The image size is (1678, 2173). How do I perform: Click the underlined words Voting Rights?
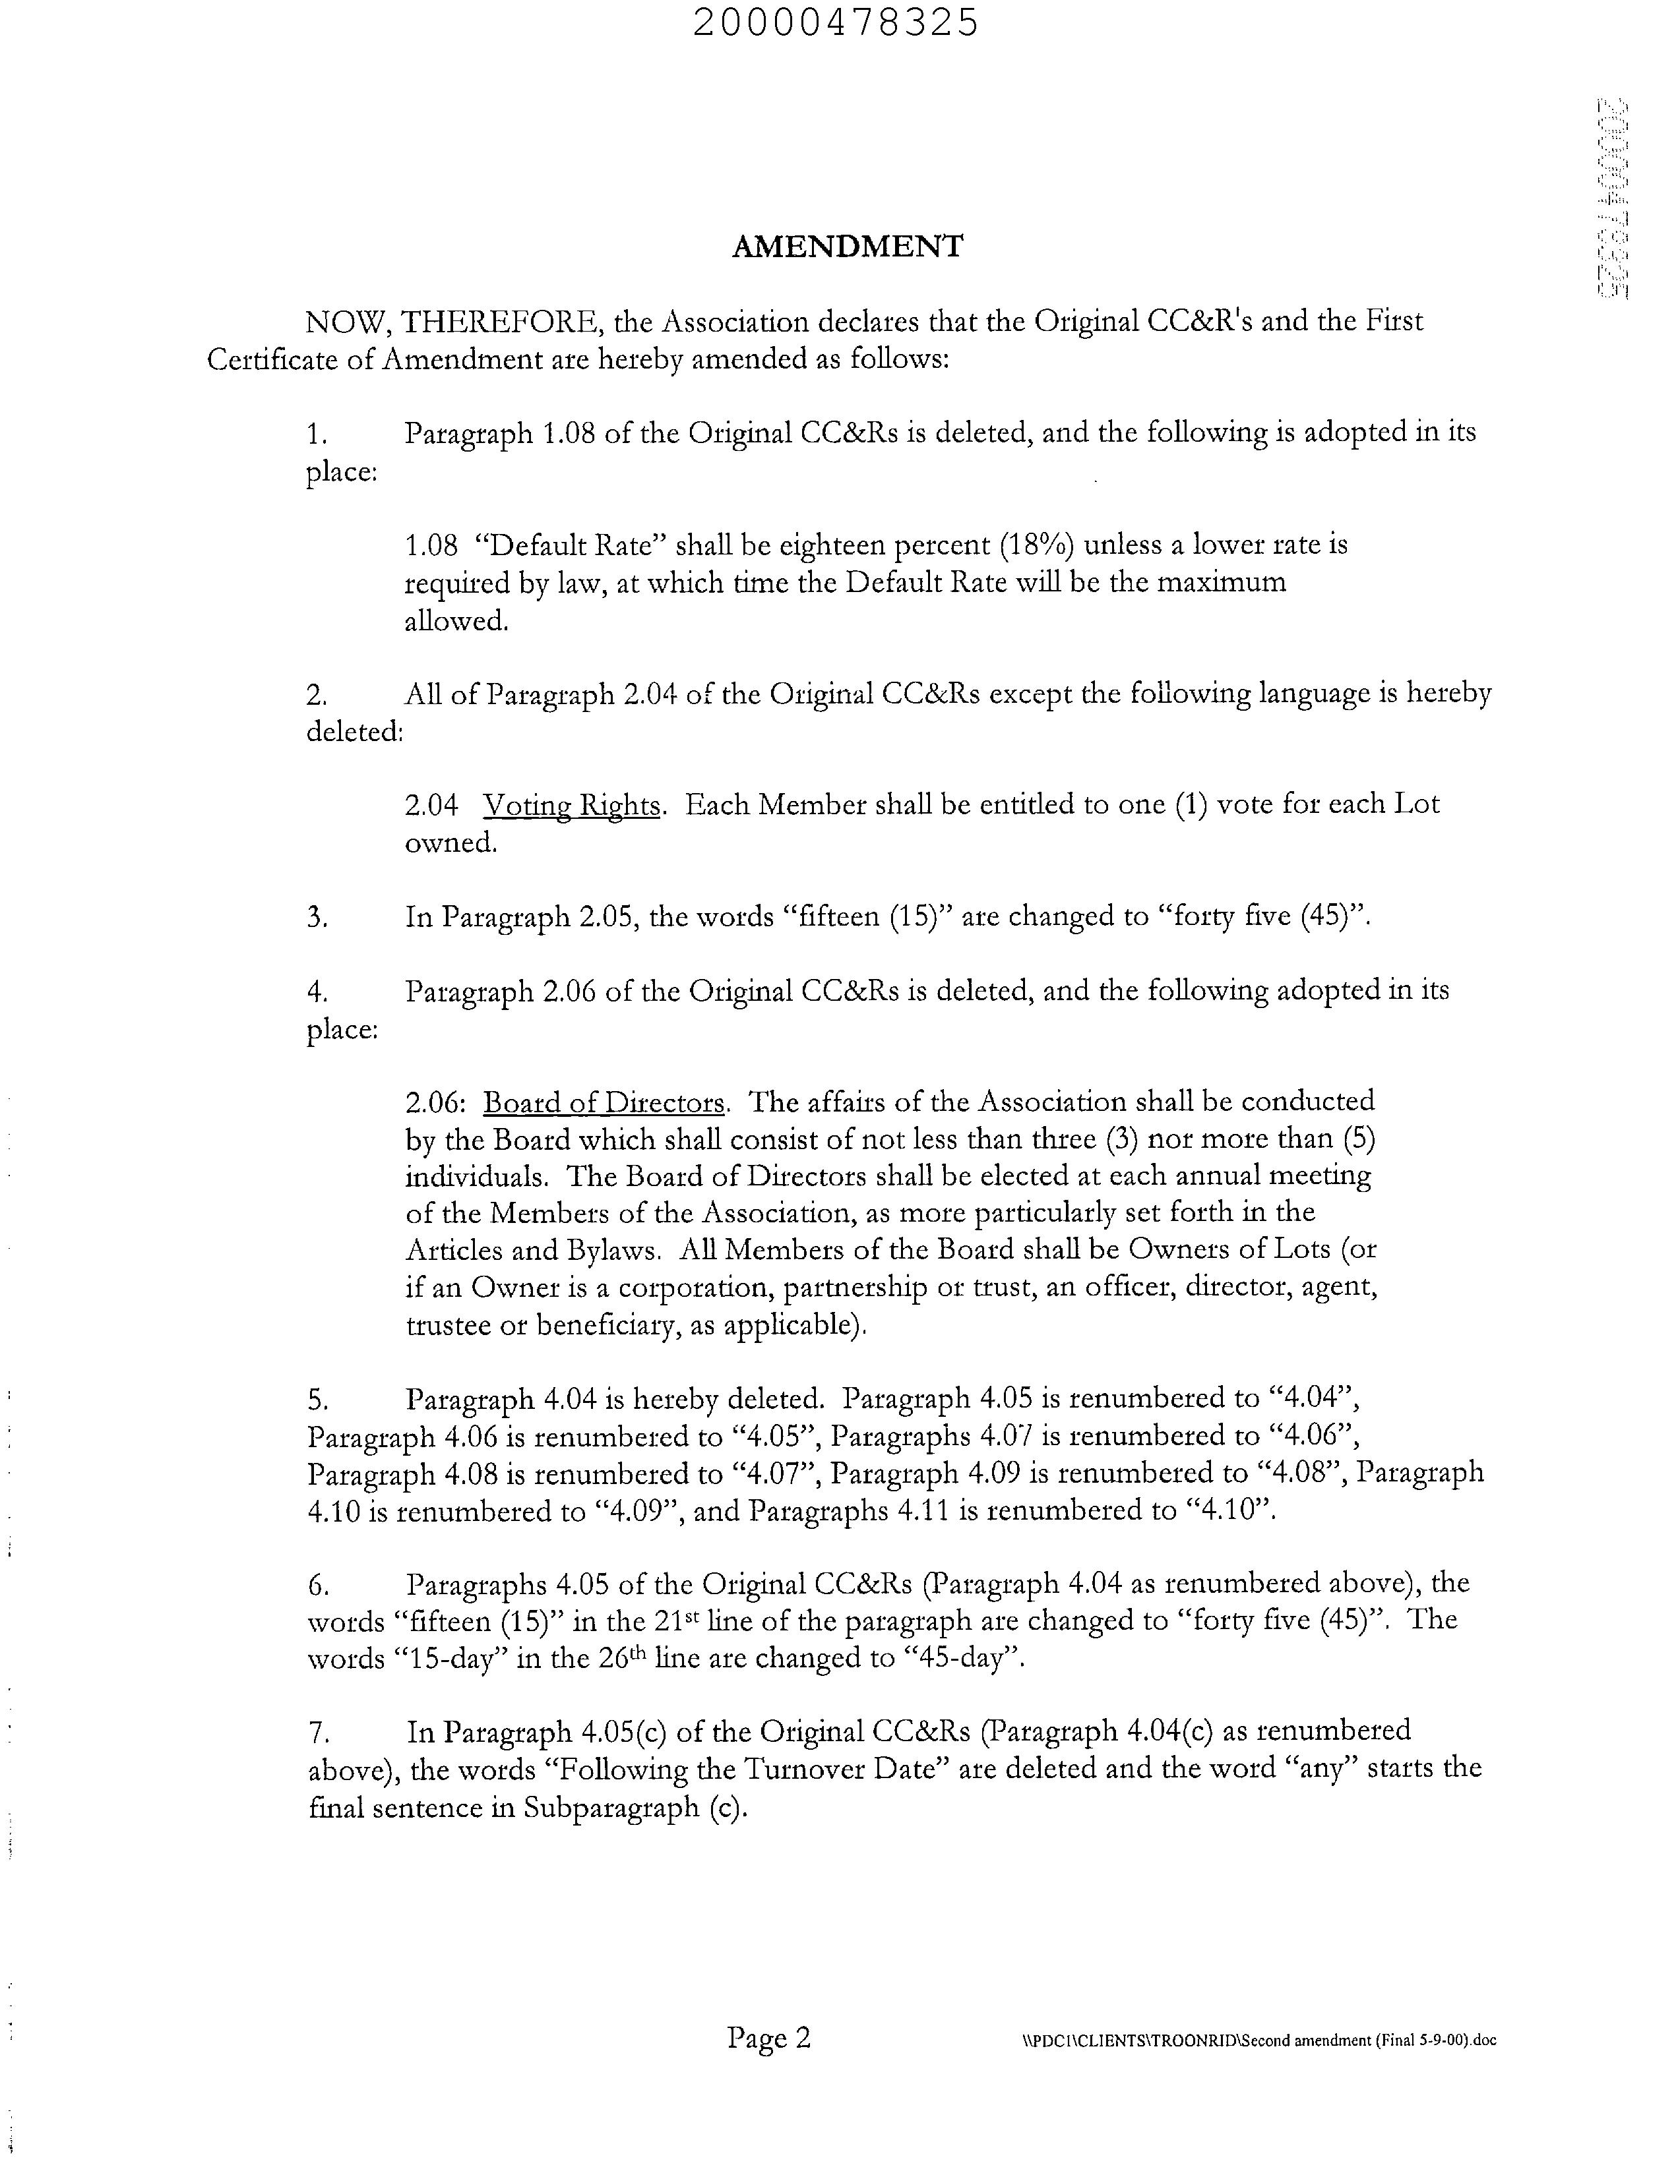[571, 805]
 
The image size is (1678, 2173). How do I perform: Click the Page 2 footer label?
[769, 2038]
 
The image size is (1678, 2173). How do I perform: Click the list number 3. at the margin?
[317, 917]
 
